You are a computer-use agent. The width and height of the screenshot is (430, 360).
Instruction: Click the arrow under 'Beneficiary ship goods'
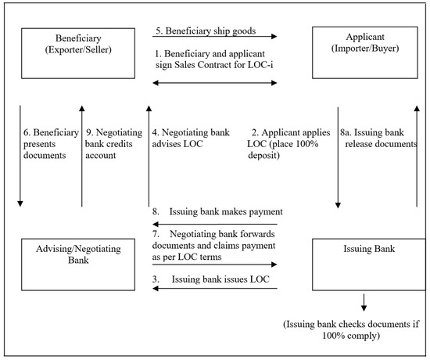[x=215, y=36]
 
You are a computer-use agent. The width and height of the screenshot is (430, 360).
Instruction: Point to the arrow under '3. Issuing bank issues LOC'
[x=215, y=289]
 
